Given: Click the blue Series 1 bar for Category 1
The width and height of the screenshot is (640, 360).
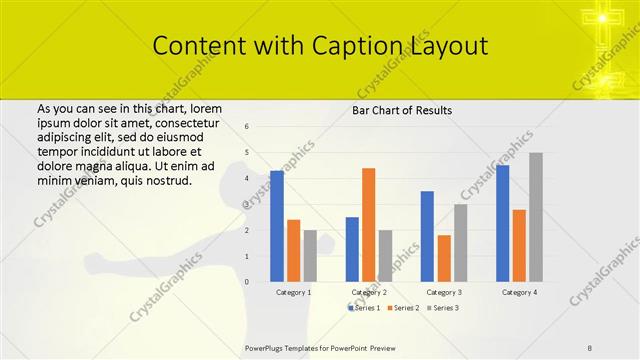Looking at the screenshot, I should coord(277,226).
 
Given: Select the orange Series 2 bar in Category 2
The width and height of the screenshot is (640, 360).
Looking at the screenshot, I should coord(368,225).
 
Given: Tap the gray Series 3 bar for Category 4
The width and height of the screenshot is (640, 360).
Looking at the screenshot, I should coord(536,217).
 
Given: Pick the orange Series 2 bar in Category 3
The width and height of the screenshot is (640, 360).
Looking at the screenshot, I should coord(444,258).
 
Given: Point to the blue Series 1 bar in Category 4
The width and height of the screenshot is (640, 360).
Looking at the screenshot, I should coord(502,223).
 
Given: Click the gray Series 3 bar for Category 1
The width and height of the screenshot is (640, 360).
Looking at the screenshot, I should coord(311,256).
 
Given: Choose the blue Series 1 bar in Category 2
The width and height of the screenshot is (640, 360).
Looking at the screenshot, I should coord(352,249).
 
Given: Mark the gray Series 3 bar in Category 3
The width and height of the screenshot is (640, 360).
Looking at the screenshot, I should coord(460,243).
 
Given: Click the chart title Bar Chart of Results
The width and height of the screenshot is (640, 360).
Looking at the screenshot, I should coord(402,110).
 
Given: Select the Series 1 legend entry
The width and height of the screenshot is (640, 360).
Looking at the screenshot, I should coord(365,308).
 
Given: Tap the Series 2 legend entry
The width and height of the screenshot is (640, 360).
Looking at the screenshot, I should coord(403,308).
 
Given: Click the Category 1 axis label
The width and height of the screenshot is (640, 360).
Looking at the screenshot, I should coord(294,292).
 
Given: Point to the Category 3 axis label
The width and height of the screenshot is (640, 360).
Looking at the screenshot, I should coord(444,292).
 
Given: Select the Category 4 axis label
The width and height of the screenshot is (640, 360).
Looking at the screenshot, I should coord(519,292).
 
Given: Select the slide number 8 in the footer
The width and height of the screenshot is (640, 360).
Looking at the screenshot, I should coord(590,347).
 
